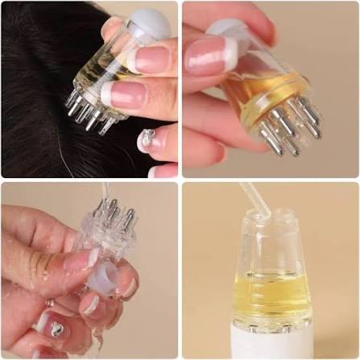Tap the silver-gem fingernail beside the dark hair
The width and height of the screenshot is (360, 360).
(151, 139)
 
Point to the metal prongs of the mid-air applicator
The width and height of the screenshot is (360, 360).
(290, 129)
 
